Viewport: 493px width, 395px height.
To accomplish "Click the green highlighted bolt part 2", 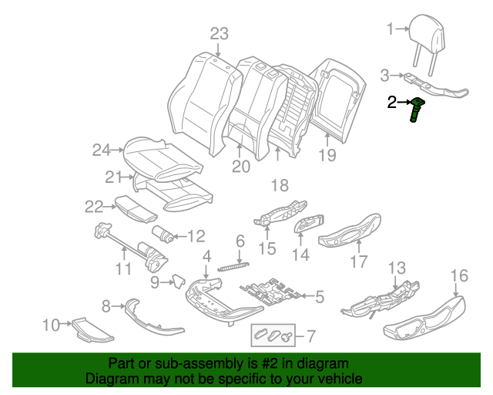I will (418, 111).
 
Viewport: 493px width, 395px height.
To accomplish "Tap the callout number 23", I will (220, 33).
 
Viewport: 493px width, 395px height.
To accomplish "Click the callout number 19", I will (327, 156).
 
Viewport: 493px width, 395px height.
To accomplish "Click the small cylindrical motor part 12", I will (163, 232).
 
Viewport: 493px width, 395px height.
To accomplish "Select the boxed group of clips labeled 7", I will (274, 335).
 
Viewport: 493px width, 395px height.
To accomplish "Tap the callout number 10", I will (51, 326).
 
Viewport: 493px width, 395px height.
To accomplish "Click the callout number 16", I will (458, 275).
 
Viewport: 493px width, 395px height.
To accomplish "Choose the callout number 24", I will (102, 150).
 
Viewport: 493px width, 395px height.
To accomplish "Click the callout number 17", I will (359, 262).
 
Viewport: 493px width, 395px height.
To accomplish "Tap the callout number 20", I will (241, 166).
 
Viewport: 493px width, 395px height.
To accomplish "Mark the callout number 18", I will (278, 184).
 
